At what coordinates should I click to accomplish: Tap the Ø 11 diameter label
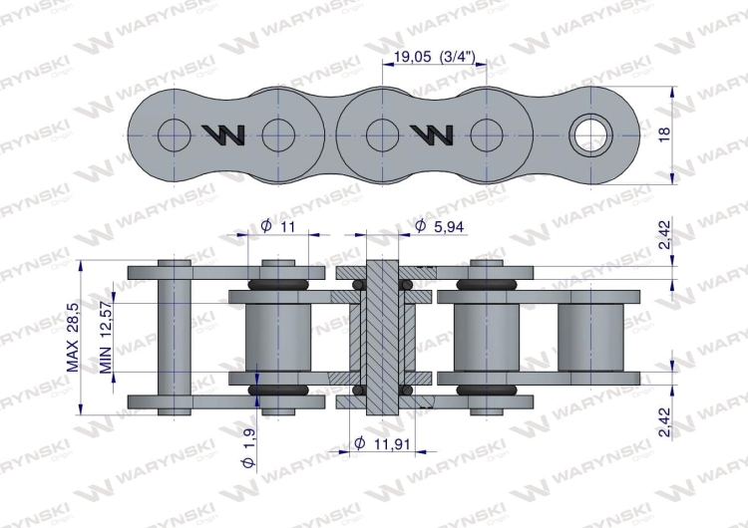click(278, 226)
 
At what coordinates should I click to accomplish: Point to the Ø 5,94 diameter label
click(438, 227)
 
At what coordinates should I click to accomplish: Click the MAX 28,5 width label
click(72, 336)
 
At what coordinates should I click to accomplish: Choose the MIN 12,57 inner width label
click(104, 336)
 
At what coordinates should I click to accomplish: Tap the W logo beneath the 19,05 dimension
click(431, 133)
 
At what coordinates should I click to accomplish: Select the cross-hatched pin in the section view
click(382, 336)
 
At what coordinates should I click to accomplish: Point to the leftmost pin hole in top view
click(173, 133)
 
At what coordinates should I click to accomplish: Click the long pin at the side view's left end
click(175, 336)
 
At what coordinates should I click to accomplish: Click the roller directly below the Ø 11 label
click(278, 336)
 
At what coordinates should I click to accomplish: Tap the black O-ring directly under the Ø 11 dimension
click(278, 285)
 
